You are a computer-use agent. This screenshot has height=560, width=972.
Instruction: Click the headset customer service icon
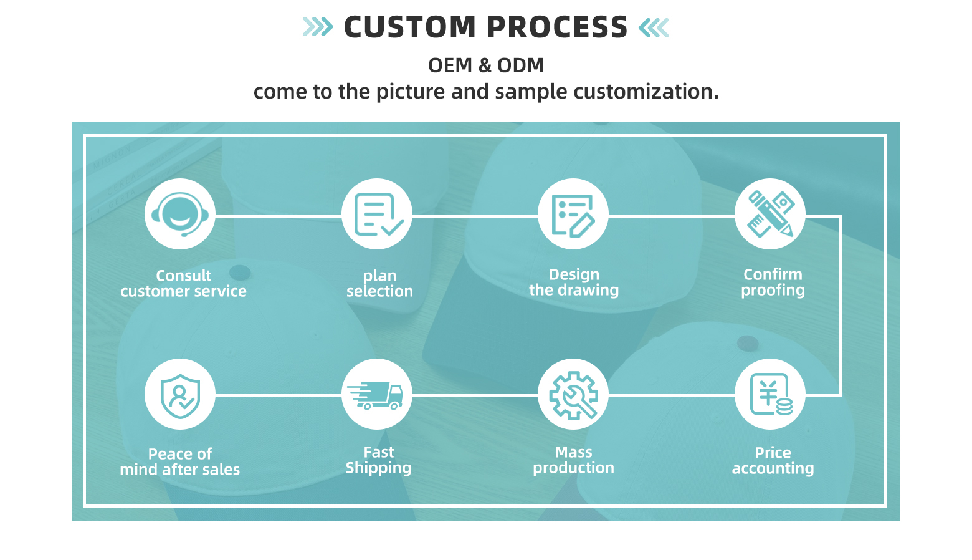point(180,215)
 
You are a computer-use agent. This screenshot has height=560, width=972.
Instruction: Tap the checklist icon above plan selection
point(377,215)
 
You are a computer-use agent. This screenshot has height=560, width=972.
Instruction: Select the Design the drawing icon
point(573,215)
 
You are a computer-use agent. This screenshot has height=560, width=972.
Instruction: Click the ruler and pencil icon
point(770,215)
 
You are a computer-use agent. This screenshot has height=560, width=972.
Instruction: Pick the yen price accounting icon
point(770,394)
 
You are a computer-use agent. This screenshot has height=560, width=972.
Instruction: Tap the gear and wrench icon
point(573,394)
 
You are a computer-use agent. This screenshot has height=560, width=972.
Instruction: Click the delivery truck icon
point(377,394)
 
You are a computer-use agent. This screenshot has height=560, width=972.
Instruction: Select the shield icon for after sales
point(180,394)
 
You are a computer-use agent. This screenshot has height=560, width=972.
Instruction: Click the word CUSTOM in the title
point(410,27)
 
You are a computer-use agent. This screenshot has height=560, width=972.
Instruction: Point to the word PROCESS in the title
point(557,27)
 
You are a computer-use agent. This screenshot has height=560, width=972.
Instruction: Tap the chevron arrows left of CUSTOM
point(318,27)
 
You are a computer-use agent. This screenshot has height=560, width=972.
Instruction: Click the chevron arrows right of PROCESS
point(654,27)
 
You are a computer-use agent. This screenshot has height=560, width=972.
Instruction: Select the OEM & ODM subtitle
point(486,65)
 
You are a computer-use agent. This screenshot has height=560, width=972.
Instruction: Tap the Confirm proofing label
point(773,282)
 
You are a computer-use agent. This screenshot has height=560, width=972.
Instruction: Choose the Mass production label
point(573,460)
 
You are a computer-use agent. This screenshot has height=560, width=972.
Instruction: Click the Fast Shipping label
point(379,460)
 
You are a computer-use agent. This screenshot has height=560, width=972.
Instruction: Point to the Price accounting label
point(773,461)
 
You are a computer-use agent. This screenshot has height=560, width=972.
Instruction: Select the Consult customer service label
point(184,284)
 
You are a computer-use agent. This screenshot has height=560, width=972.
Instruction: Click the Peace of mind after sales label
point(180,462)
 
